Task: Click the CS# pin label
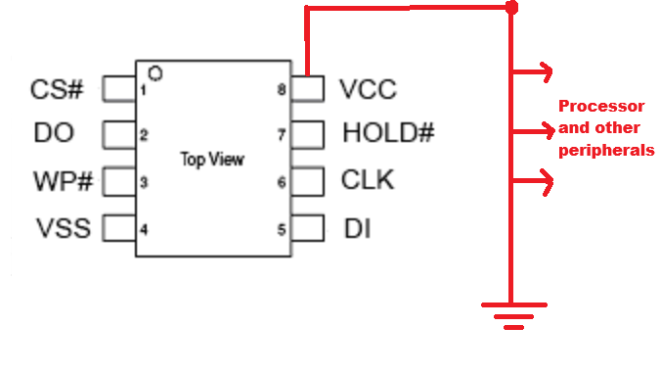57,89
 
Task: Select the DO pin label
54,133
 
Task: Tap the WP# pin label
63,181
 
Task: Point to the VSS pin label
64,228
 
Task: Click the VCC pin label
368,89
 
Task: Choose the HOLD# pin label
388,133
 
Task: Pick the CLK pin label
368,180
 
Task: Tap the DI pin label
357,229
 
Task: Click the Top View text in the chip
212,160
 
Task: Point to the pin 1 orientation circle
155,73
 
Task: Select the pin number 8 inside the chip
282,89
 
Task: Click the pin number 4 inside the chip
144,230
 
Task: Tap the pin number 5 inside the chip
282,230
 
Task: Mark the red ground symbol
514,315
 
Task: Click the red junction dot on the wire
511,8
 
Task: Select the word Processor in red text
601,106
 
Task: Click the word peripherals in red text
606,151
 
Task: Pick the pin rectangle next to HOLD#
307,135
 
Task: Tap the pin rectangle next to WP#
119,182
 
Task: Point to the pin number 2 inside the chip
144,135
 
